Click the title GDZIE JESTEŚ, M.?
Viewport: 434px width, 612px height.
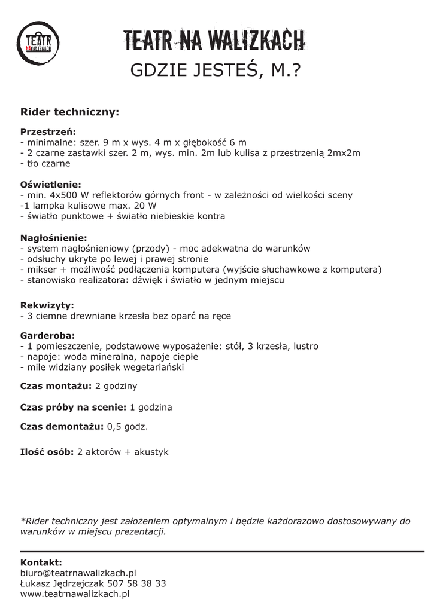(x=216, y=71)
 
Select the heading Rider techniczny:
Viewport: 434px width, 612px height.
(x=70, y=112)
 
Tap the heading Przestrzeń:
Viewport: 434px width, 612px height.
(x=48, y=131)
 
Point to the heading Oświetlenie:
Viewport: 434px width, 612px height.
(x=51, y=184)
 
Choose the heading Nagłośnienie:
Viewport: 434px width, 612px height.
(x=54, y=237)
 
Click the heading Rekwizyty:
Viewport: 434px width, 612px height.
(x=47, y=305)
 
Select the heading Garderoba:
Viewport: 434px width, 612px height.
(x=48, y=336)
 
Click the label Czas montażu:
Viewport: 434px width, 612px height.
(x=56, y=386)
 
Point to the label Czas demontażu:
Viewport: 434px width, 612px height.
(x=62, y=427)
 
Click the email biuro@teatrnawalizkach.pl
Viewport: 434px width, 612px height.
(x=78, y=573)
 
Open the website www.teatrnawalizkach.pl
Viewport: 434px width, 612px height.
(x=75, y=594)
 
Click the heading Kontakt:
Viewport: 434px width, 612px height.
(x=41, y=562)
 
